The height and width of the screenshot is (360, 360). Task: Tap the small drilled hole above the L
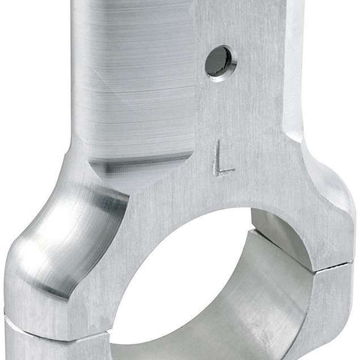point(220,63)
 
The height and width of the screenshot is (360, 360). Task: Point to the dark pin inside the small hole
point(217,61)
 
